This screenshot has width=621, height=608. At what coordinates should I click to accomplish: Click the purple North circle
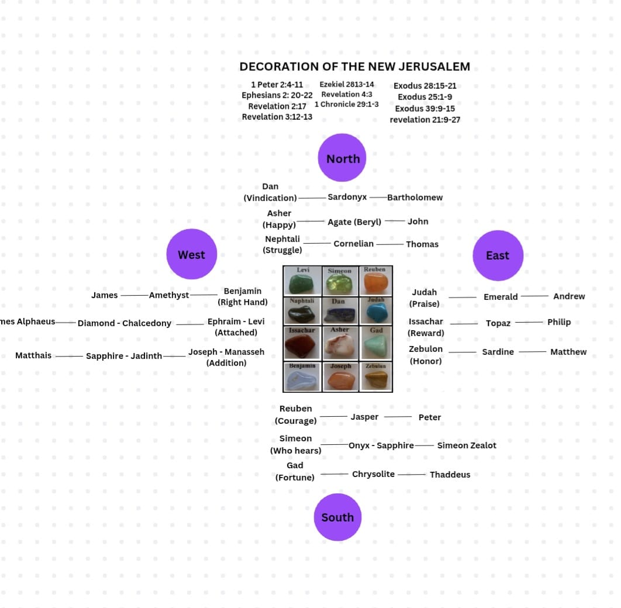pos(342,157)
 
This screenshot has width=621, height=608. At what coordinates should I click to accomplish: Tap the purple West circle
pos(192,254)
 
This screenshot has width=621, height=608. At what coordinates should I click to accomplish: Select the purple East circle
pos(498,255)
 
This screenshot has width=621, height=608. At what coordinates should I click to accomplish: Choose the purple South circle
pos(337,517)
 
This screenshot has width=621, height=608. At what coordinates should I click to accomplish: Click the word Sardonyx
pos(347,197)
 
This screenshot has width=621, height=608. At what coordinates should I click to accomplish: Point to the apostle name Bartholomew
pos(415,197)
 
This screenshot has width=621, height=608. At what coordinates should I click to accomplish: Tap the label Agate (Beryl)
pos(354,222)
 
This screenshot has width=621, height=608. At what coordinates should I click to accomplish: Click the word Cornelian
pos(353,243)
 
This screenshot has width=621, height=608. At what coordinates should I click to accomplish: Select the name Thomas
pos(422,244)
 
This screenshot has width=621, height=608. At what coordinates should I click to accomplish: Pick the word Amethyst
pos(169,295)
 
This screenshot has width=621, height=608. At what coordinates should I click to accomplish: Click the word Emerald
pos(501,296)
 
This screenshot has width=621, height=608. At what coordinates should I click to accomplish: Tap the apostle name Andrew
pos(569,296)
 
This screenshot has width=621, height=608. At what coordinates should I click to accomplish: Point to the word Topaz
pos(498,323)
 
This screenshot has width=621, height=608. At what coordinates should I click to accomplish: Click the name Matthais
pos(33,355)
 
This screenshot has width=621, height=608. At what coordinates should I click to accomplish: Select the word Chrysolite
pos(373,474)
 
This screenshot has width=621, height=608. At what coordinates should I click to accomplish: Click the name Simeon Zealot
pos(467,445)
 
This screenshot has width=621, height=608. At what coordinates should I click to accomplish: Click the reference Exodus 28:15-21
pos(425,85)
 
